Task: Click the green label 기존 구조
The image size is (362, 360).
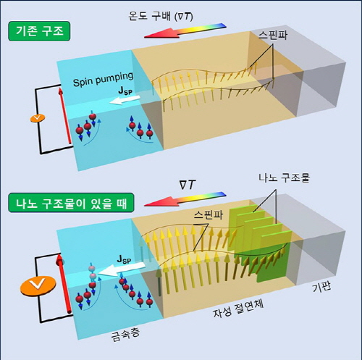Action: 39,31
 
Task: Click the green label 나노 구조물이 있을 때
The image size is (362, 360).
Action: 71,203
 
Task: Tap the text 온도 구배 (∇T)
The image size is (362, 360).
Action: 161,16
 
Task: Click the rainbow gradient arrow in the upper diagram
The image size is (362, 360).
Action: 185,30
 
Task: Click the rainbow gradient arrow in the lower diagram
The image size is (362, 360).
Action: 185,199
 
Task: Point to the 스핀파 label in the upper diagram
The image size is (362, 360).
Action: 273,35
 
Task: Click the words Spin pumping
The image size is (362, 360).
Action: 104,79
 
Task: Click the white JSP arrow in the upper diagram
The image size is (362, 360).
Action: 125,100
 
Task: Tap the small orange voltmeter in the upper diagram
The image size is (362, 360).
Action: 38,118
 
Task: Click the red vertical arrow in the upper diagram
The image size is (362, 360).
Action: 65,116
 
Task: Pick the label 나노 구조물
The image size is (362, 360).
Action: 285,178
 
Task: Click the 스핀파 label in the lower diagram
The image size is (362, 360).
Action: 209,215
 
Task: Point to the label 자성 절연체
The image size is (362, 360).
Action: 238,309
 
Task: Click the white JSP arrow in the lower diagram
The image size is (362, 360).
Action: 122,269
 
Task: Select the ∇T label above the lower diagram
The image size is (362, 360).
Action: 188,185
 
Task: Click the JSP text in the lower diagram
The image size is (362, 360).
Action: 124,259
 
